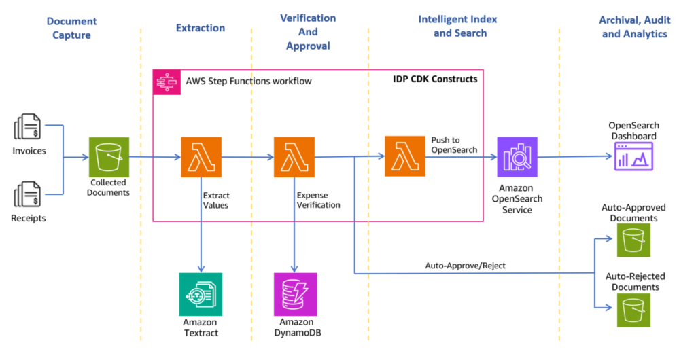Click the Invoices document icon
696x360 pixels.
point(27,126)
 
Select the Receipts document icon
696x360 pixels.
point(27,194)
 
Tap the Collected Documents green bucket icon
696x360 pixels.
point(109,157)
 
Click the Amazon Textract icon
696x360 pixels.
point(201,294)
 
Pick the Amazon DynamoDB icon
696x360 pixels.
point(296,294)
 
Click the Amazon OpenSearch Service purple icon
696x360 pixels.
point(517,157)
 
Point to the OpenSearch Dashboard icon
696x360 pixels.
point(633,156)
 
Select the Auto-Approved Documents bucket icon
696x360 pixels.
point(633,240)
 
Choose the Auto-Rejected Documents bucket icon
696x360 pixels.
point(633,310)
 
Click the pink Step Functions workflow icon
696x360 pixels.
point(167,82)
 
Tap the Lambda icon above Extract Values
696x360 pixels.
point(201,157)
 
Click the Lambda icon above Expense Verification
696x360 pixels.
point(294,157)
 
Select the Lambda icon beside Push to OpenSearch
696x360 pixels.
point(405,156)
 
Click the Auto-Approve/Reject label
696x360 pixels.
point(465,266)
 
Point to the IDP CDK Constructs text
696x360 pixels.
point(435,79)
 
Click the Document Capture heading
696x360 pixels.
point(71,28)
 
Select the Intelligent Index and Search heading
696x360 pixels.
point(458,26)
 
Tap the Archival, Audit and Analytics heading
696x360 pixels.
point(635,27)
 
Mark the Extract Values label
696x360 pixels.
point(215,200)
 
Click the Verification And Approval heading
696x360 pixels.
point(308,32)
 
